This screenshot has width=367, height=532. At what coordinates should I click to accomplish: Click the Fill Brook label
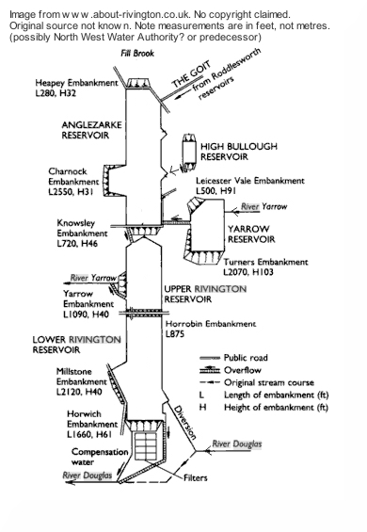[137, 54]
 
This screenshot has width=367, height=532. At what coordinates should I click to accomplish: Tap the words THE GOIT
[192, 74]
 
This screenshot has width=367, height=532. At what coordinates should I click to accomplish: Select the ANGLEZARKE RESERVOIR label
[91, 130]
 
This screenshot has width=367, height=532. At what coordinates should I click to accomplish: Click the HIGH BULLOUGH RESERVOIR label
[239, 152]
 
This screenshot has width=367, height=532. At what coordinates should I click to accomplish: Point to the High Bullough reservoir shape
[189, 152]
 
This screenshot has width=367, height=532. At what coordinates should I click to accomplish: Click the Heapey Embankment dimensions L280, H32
[56, 93]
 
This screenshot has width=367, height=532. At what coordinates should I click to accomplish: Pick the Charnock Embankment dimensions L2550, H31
[71, 192]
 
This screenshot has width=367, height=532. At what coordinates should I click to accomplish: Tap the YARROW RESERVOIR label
[251, 234]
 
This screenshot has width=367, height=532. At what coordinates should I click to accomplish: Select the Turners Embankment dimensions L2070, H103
[248, 272]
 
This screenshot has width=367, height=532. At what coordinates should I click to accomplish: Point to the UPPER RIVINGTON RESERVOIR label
[205, 294]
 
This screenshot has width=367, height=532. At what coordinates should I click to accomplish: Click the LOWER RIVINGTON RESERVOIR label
[76, 345]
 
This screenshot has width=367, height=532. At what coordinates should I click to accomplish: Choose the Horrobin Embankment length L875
[175, 334]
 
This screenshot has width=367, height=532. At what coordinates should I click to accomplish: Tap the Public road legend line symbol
[210, 358]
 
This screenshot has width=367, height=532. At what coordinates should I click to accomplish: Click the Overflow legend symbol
[210, 370]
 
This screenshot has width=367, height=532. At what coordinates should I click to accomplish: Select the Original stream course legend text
[269, 382]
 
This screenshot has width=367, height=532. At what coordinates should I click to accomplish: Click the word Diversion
[184, 423]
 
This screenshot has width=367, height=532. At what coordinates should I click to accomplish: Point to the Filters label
[196, 478]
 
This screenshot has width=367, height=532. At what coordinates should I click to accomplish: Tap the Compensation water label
[100, 457]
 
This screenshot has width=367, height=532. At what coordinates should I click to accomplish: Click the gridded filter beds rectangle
[147, 446]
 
